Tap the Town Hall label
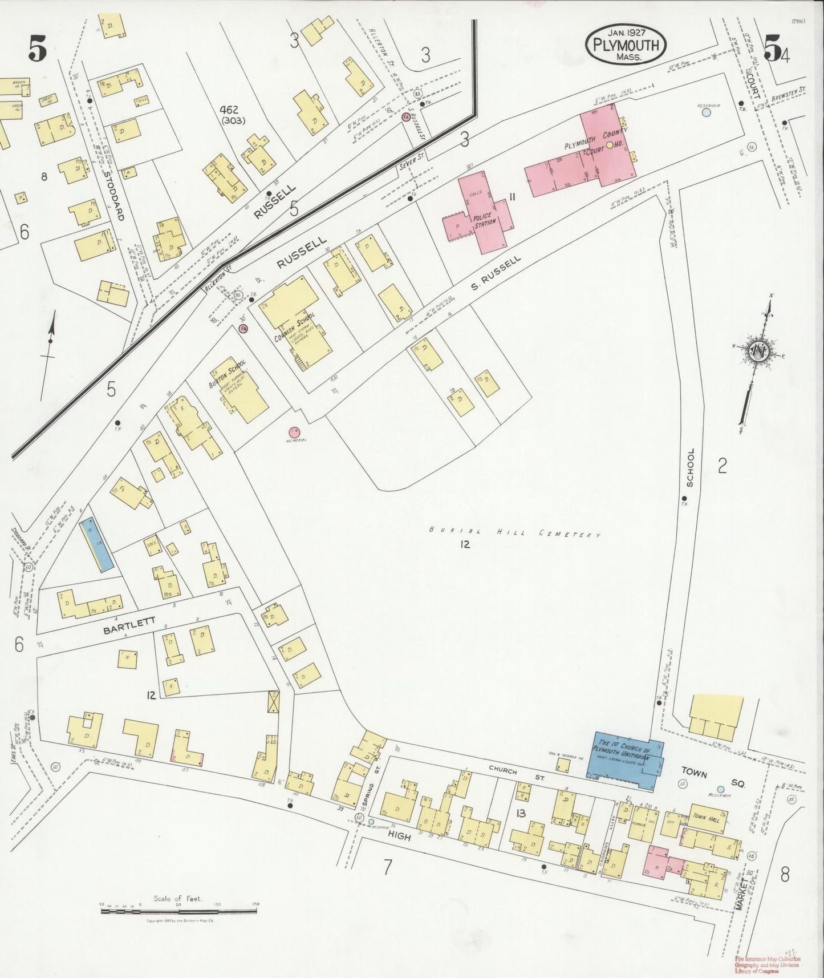pos(707,817)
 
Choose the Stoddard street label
pos(115,194)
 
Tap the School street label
pos(690,467)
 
